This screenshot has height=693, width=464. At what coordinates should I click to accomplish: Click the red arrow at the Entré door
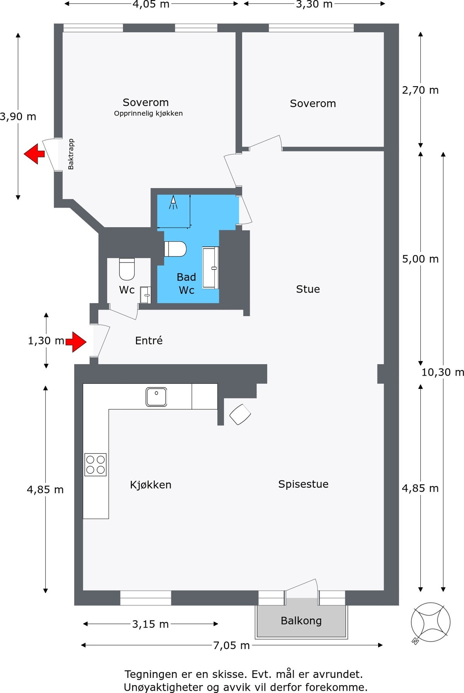click(x=76, y=342)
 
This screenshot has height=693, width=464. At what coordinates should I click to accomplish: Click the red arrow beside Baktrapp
click(x=34, y=154)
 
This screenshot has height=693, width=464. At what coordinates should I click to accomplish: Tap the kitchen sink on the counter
click(x=156, y=397)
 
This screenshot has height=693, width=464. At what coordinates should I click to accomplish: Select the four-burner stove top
click(x=96, y=465)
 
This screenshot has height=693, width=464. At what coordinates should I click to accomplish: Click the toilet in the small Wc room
click(x=127, y=269)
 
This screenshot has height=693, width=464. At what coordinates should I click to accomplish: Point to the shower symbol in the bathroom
click(x=173, y=202)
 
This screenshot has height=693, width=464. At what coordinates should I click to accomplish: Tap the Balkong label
click(x=301, y=621)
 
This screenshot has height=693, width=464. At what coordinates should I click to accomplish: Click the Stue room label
click(x=308, y=289)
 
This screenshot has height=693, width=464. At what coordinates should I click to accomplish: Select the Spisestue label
click(x=303, y=484)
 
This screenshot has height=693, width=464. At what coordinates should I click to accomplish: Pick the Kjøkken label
click(x=150, y=485)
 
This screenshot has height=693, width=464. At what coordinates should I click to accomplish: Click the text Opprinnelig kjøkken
click(x=148, y=113)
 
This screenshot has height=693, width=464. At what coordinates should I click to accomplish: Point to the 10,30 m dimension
click(x=443, y=372)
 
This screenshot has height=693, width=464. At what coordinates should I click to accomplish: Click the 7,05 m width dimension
click(x=232, y=645)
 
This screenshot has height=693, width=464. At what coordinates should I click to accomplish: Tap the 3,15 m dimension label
click(x=150, y=624)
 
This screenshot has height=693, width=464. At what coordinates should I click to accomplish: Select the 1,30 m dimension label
click(x=46, y=341)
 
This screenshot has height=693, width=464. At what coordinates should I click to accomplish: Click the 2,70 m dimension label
click(x=420, y=90)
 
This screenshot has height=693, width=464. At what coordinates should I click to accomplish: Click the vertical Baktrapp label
click(x=71, y=154)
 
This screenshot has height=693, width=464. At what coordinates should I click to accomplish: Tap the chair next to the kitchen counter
click(x=240, y=414)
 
